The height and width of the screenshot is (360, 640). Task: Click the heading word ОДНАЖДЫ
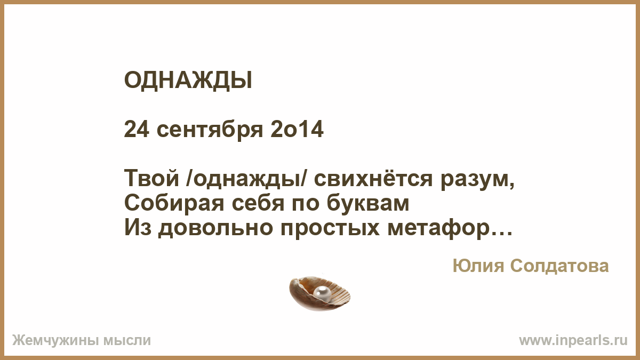pos(188,81)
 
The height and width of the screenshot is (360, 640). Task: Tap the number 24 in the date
pos(137,130)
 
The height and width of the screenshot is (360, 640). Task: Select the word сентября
pos(210,131)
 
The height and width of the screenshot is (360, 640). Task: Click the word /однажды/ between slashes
pos(246,179)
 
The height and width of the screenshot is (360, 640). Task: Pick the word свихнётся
pos(373,178)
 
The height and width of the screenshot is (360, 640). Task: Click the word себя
pos(258,203)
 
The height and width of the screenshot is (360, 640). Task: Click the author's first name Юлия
pos(478,266)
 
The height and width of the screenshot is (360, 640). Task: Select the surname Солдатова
pos(559,267)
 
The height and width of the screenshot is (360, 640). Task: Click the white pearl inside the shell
pos(322,293)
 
